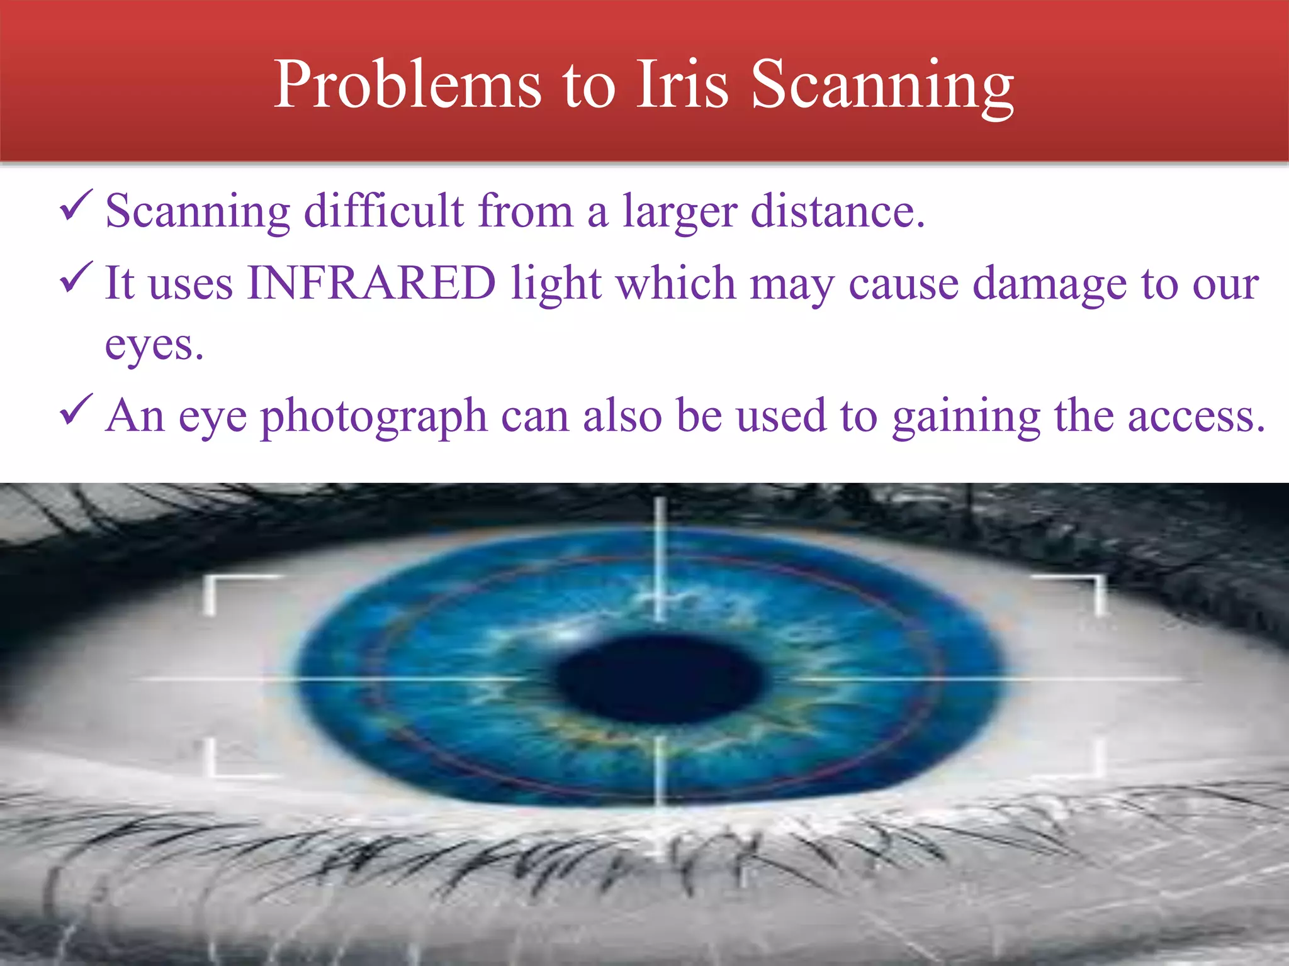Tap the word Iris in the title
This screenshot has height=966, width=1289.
(682, 85)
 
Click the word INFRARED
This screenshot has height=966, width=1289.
(372, 282)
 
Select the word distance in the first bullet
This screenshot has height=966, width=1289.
(837, 211)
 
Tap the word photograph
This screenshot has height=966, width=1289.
(374, 417)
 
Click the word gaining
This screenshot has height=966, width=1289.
(966, 417)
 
